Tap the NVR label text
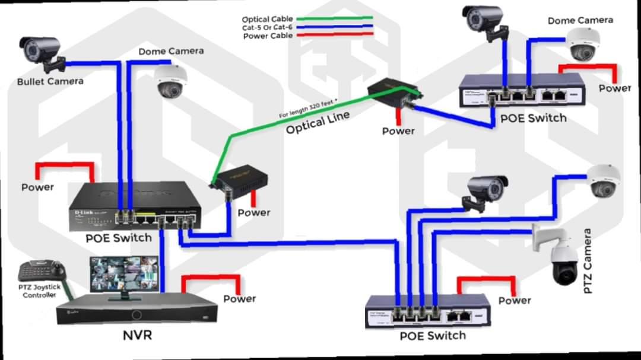tap(137, 335)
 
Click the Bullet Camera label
tap(50, 81)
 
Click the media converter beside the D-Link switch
tap(240, 179)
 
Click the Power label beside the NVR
tap(239, 299)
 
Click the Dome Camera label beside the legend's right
tap(580, 20)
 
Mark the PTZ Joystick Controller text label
tap(40, 291)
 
